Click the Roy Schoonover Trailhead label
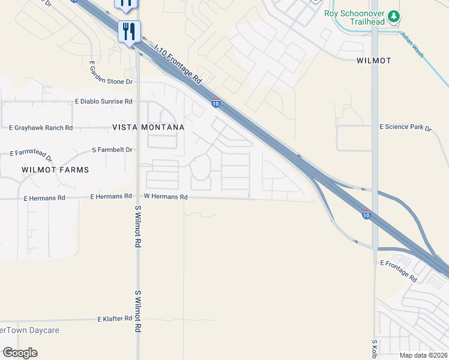(x=355, y=14)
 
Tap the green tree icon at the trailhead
(x=393, y=16)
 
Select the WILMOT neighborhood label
(x=373, y=61)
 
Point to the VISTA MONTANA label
(x=148, y=128)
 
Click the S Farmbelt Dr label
(x=112, y=149)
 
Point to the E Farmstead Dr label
(x=32, y=157)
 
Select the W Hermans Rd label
(x=166, y=197)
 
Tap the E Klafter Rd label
(x=115, y=319)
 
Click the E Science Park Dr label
(x=406, y=127)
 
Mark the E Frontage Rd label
(x=399, y=271)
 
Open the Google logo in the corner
(x=20, y=353)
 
